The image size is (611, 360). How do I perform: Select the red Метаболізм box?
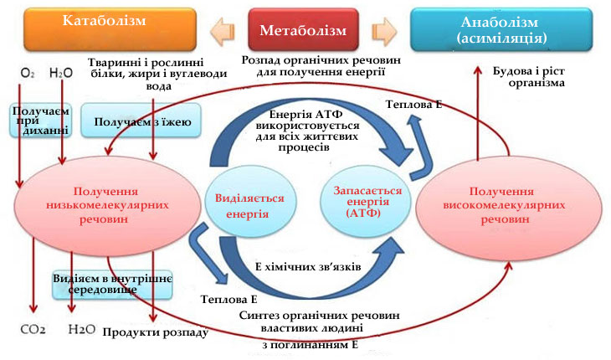[x=303, y=30]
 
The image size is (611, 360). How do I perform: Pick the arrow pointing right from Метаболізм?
[x=383, y=30]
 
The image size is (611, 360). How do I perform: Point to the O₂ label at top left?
[x=28, y=74]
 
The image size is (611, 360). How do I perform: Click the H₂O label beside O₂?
[x=61, y=74]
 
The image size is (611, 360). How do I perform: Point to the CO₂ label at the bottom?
[x=33, y=328]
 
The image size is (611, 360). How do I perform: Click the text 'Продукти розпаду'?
[x=155, y=332]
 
